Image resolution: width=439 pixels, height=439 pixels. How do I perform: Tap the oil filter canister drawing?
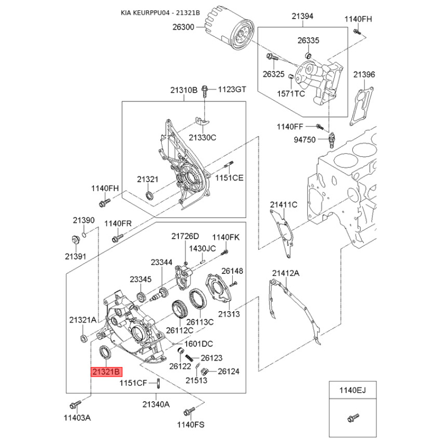point(230,34)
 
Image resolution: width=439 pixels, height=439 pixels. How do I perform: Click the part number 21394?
point(302,17)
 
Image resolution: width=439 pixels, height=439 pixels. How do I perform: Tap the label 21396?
point(364,75)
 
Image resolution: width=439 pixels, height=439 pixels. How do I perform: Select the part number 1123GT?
point(233,89)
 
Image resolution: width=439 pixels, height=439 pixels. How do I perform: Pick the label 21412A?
point(285,273)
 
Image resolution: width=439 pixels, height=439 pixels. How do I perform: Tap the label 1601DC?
point(199,344)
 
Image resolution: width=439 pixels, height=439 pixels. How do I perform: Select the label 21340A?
point(156,404)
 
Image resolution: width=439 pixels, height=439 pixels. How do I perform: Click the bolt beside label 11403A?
point(75,406)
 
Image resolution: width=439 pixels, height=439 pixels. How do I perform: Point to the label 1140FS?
point(190,424)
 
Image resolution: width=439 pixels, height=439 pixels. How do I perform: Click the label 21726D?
point(185,237)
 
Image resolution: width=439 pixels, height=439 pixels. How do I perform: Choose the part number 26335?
point(308,41)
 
